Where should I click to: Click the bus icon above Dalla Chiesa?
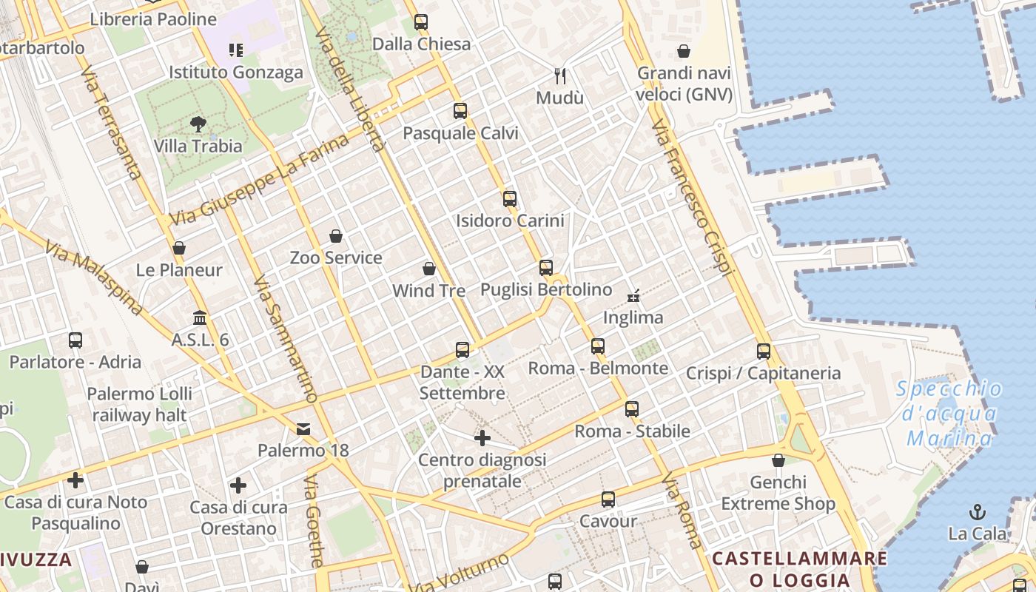(x=421, y=22)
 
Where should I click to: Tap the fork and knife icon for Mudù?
(x=561, y=75)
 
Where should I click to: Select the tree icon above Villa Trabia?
(x=198, y=124)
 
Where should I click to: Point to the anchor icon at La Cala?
(x=978, y=511)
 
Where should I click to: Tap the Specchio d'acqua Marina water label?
(x=950, y=414)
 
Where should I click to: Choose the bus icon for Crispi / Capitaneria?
(x=764, y=351)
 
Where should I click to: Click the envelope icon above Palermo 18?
(x=303, y=429)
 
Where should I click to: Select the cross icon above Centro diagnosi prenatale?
(x=482, y=438)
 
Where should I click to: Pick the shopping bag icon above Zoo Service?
(x=336, y=236)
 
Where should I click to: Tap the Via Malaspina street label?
(x=93, y=277)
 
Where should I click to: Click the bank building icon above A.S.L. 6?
(x=200, y=318)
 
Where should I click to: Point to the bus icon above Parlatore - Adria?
(x=75, y=340)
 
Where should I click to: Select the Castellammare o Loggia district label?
(x=799, y=568)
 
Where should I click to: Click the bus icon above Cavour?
(x=608, y=499)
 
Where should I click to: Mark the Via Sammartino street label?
(x=285, y=339)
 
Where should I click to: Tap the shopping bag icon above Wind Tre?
(x=429, y=269)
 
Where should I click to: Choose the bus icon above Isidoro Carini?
(x=510, y=198)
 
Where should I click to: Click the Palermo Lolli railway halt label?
(x=139, y=404)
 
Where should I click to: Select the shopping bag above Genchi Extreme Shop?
(x=778, y=461)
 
